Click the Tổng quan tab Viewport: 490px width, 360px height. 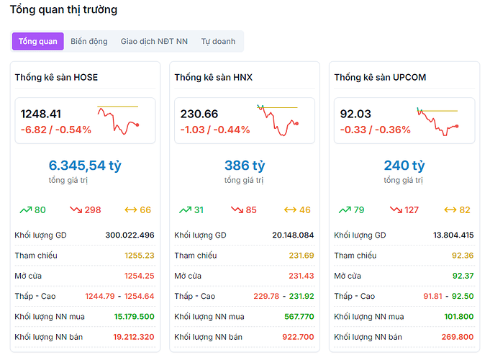pos(38,41)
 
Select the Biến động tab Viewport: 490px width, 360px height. pos(89,41)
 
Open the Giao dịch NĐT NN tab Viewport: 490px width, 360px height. pos(154,41)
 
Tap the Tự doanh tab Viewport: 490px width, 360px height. pos(218,41)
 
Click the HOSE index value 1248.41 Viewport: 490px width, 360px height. pos(41,114)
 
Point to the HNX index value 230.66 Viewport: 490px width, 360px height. pos(199,114)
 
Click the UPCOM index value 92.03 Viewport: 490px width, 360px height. pos(355,114)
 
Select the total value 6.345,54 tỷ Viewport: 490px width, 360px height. pos(85,166)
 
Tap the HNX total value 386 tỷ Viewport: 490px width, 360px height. pos(245,166)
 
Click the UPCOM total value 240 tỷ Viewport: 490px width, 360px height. pos(404,166)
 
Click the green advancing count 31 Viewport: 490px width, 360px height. pos(199,210)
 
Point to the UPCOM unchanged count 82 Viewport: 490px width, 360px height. pos(464,210)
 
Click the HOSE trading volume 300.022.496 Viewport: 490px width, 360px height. pos(130,235)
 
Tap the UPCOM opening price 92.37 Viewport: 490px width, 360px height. pos(463,276)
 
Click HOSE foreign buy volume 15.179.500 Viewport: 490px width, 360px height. pos(134,316)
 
